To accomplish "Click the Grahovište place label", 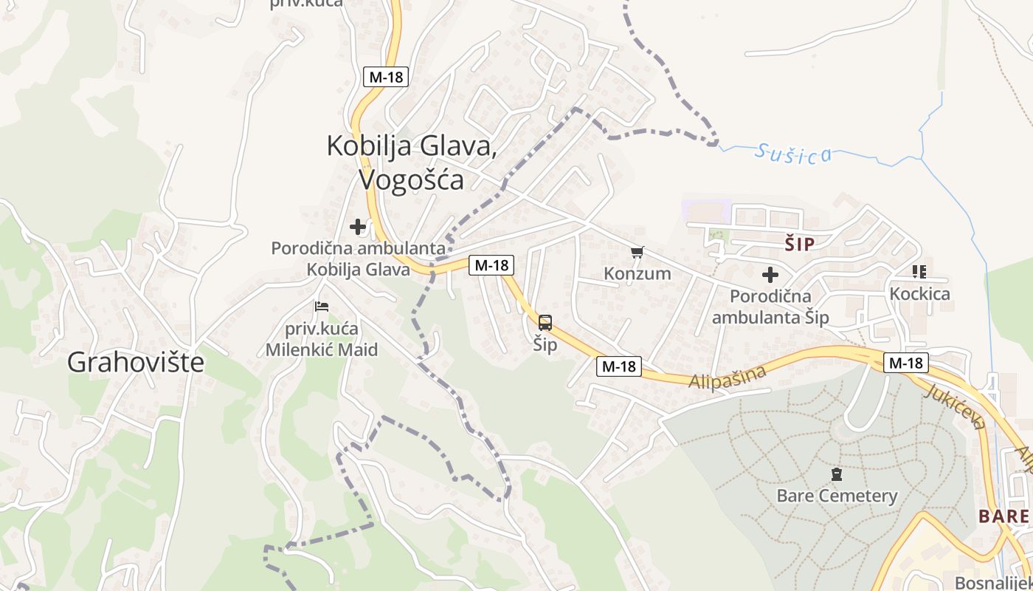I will [136, 362].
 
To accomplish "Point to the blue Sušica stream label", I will [794, 153].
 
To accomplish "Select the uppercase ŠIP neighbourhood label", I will [800, 245].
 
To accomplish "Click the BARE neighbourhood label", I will [1003, 516].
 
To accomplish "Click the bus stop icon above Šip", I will [545, 323].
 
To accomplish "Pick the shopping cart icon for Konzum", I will [638, 253].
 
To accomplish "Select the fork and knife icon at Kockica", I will [919, 272].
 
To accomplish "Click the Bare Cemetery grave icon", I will [837, 474].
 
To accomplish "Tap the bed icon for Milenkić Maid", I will [321, 306].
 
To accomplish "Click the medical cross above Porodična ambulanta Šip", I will [770, 275].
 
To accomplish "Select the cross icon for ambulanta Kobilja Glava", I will [358, 226].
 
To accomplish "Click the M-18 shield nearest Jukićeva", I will [906, 363].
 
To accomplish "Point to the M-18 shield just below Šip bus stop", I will [619, 366].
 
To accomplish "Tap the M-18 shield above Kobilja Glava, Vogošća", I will [386, 76].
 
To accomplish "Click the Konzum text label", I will [638, 273].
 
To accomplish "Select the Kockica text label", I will [919, 294].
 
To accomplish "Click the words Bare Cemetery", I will [837, 495].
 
